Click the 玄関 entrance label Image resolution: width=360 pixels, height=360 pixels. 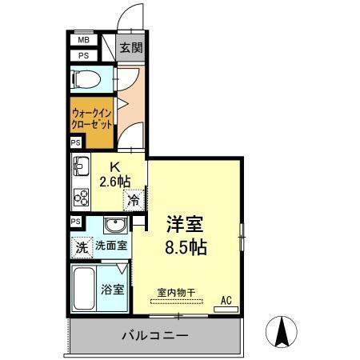coord(131,48)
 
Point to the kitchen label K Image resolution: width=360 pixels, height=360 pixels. coord(114,166)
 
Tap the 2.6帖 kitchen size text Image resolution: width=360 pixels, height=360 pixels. coord(114,182)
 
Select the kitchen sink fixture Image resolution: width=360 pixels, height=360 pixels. coord(81,169)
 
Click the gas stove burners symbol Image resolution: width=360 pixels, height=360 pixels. coord(81,196)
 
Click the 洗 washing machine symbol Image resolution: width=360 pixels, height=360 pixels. coord(81,248)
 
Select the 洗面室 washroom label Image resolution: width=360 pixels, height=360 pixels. coord(111,247)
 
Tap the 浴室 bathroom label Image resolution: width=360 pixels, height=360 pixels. coord(112,289)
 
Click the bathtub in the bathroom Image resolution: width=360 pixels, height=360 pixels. coord(84,290)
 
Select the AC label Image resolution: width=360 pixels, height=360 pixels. coord(226,300)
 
